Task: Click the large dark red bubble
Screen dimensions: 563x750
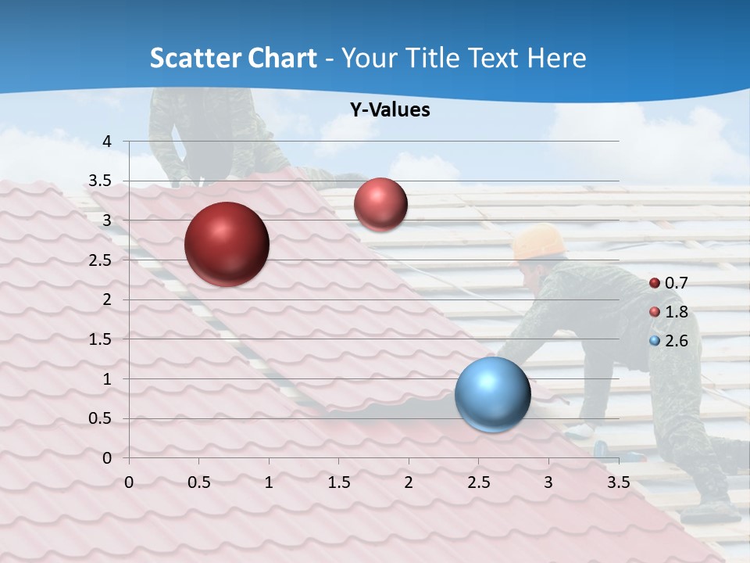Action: click(227, 244)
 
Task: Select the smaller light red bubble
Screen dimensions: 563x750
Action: click(380, 204)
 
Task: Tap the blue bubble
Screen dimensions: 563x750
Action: click(492, 395)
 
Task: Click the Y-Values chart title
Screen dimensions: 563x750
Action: click(389, 110)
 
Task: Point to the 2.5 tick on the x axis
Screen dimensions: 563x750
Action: click(478, 482)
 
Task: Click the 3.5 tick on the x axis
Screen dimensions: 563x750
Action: click(618, 482)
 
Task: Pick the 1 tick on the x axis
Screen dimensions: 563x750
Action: click(269, 482)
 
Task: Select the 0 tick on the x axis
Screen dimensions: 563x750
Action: click(129, 482)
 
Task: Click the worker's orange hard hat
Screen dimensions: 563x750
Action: click(538, 242)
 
